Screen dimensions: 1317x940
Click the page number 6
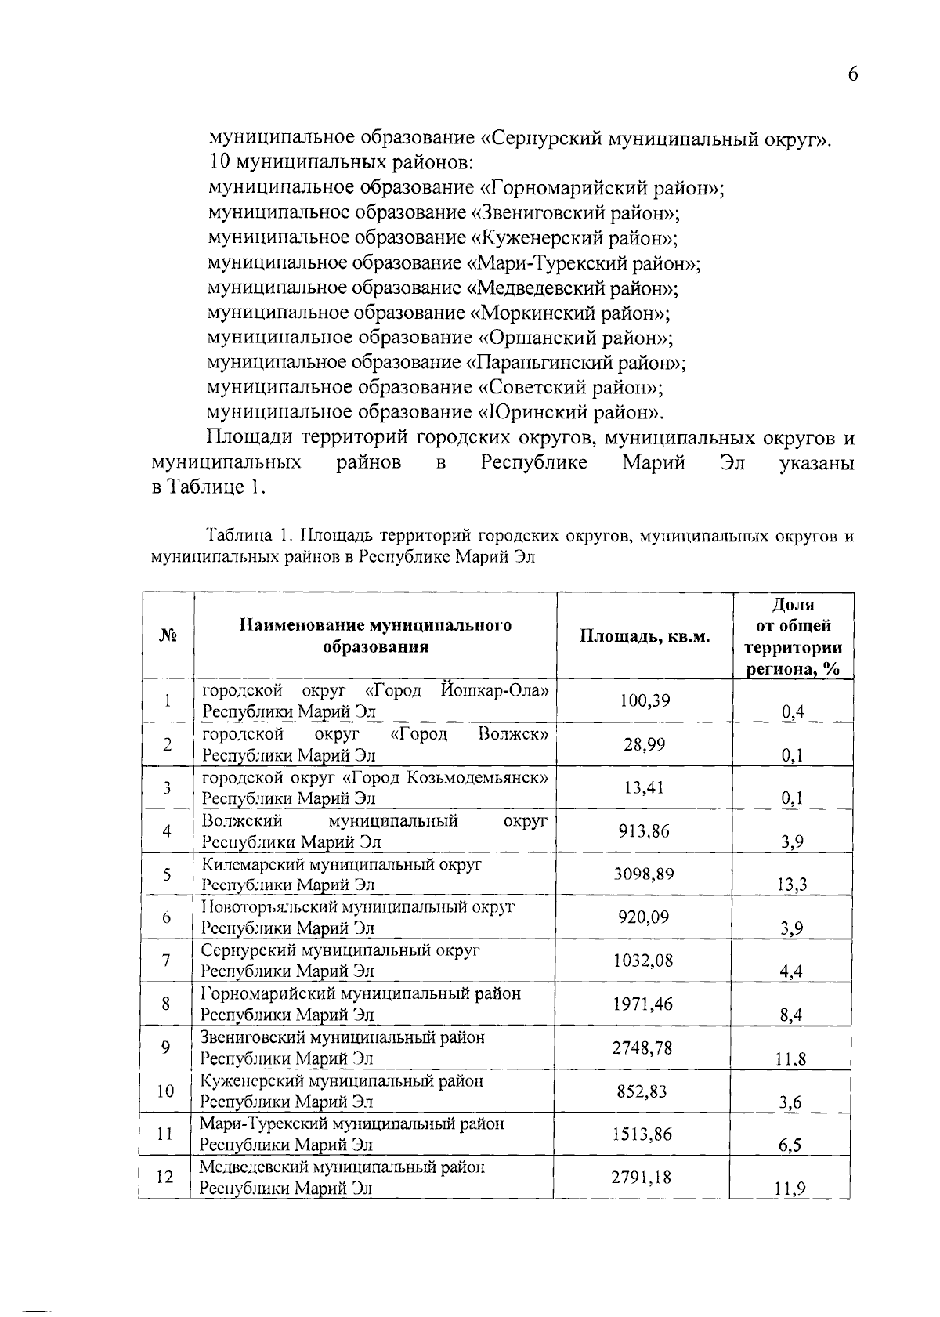852,74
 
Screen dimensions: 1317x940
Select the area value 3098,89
644,874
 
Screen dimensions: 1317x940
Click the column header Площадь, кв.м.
645,636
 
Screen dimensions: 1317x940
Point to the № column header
168,636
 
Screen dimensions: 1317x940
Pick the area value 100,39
645,700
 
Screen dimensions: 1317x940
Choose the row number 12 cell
165,1177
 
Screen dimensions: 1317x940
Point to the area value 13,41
644,787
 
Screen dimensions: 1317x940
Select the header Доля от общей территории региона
793,636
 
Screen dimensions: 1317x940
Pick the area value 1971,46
643,1004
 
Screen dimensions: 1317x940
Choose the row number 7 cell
167,961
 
